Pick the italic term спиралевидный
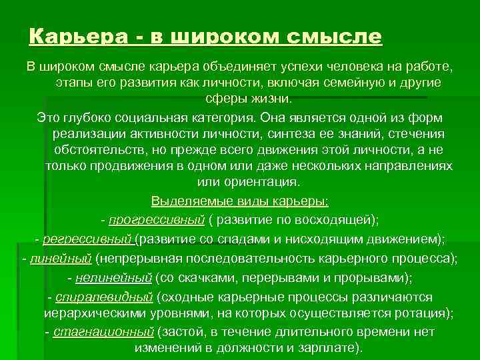click(x=105, y=297)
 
